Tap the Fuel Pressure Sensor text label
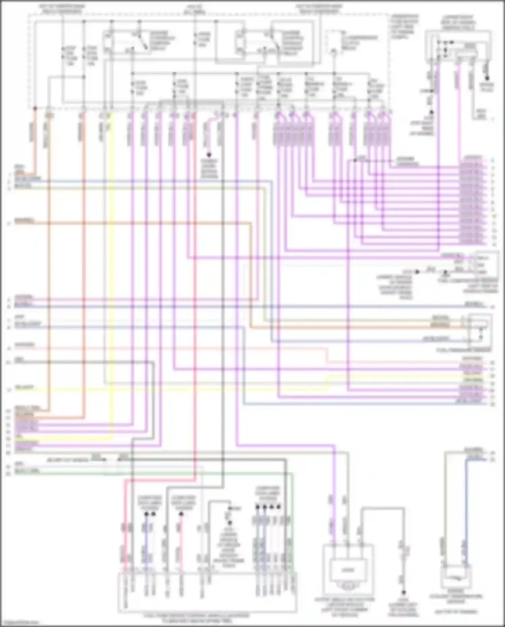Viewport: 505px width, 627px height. pos(465,351)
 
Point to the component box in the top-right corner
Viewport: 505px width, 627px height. pos(458,45)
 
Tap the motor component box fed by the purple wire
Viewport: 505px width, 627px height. pos(348,569)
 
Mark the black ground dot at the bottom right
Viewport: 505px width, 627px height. pos(403,592)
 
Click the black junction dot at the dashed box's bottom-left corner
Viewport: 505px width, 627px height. pos(35,108)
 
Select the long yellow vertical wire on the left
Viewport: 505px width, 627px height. pos(112,270)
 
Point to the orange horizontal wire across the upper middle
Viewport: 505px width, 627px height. pos(135,223)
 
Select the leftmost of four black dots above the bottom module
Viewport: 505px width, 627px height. pos(258,506)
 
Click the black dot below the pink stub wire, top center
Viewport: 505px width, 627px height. pos(209,155)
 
